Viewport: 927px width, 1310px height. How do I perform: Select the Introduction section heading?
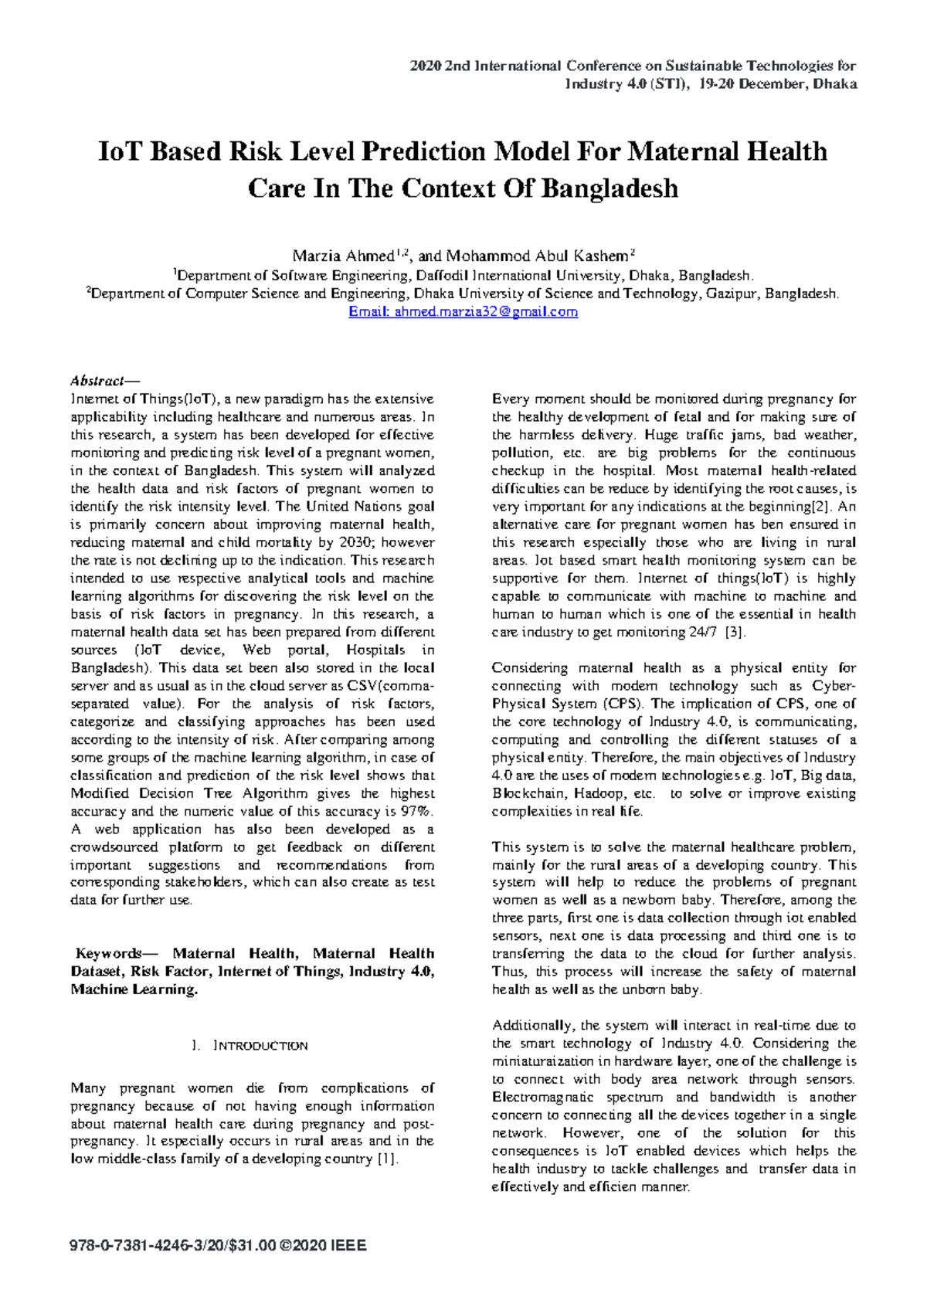260,1046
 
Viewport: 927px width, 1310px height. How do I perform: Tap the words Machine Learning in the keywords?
132,989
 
